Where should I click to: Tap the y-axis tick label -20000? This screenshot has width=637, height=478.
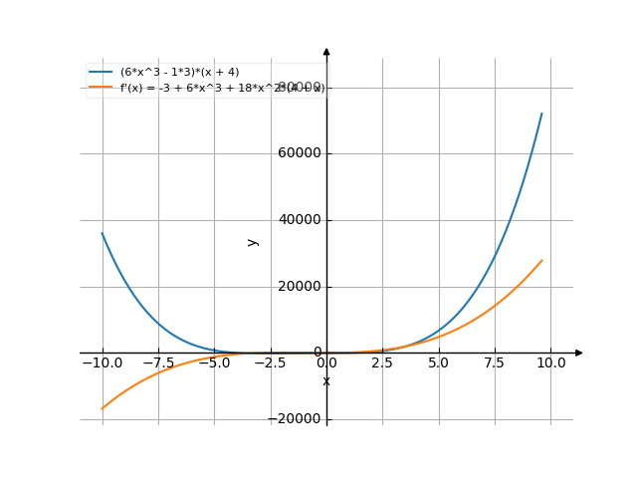pos(298,419)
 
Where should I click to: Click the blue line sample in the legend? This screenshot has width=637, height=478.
pos(101,73)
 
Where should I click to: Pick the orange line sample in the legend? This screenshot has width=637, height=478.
pos(101,88)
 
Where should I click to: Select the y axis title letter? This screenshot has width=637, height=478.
pos(253,241)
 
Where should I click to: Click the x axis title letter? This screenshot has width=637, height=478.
pos(326,381)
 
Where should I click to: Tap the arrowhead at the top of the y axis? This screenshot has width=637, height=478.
pos(326,51)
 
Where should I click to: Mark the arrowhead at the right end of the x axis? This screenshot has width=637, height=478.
pos(579,353)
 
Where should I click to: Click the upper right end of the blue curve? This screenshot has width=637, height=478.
pos(542,113)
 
